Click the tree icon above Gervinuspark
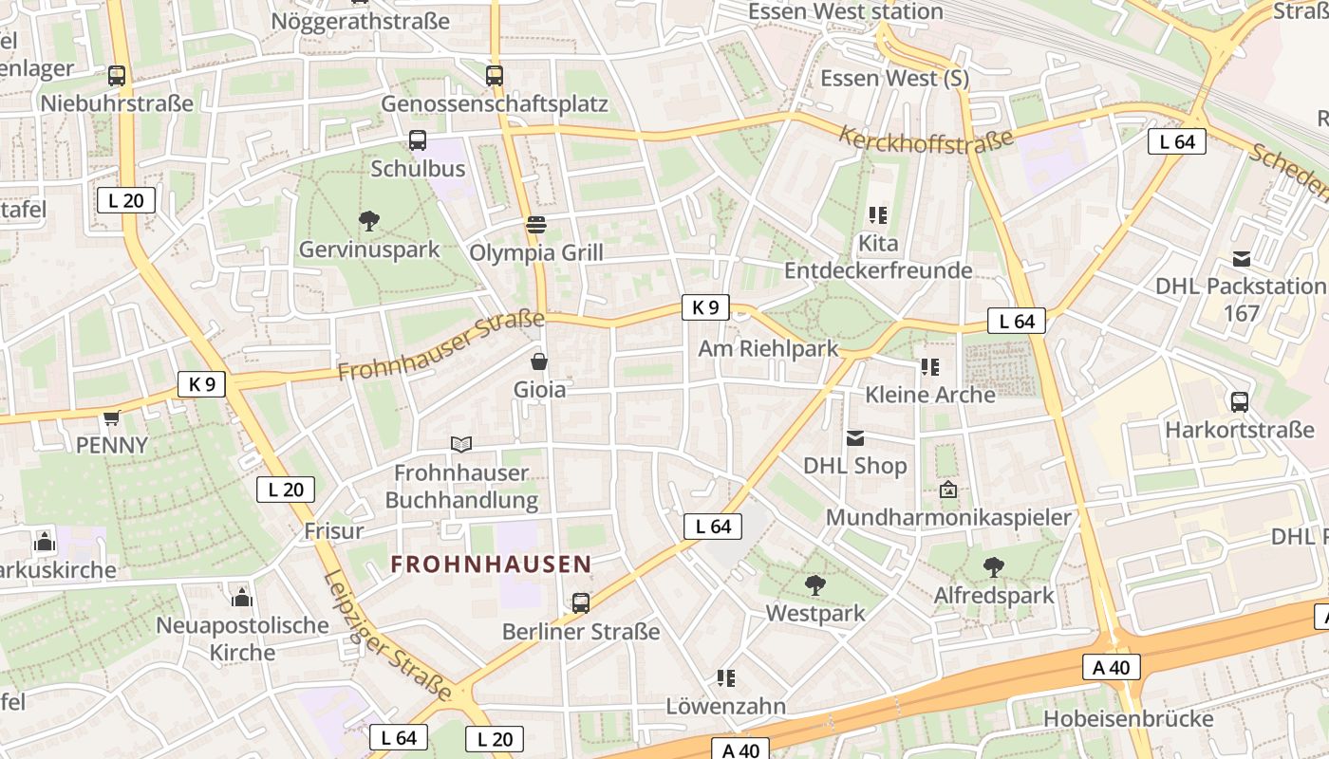[x=369, y=221]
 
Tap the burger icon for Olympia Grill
[x=536, y=225]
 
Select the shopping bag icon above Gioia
[x=539, y=361]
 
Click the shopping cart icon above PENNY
[x=112, y=417]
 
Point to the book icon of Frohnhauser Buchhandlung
[x=461, y=444]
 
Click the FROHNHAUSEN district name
[x=491, y=565]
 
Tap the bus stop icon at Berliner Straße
[x=580, y=602]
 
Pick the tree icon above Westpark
[x=814, y=584]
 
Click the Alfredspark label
[x=994, y=595]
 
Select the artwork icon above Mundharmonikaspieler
[x=947, y=490]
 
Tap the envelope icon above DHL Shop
[x=855, y=437]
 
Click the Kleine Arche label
[x=929, y=394]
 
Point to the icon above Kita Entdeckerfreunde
[x=877, y=215]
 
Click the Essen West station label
[x=845, y=11]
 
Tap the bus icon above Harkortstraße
[x=1239, y=401]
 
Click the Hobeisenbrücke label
[x=1128, y=718]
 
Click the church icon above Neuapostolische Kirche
[x=242, y=598]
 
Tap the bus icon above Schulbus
[x=417, y=140]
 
